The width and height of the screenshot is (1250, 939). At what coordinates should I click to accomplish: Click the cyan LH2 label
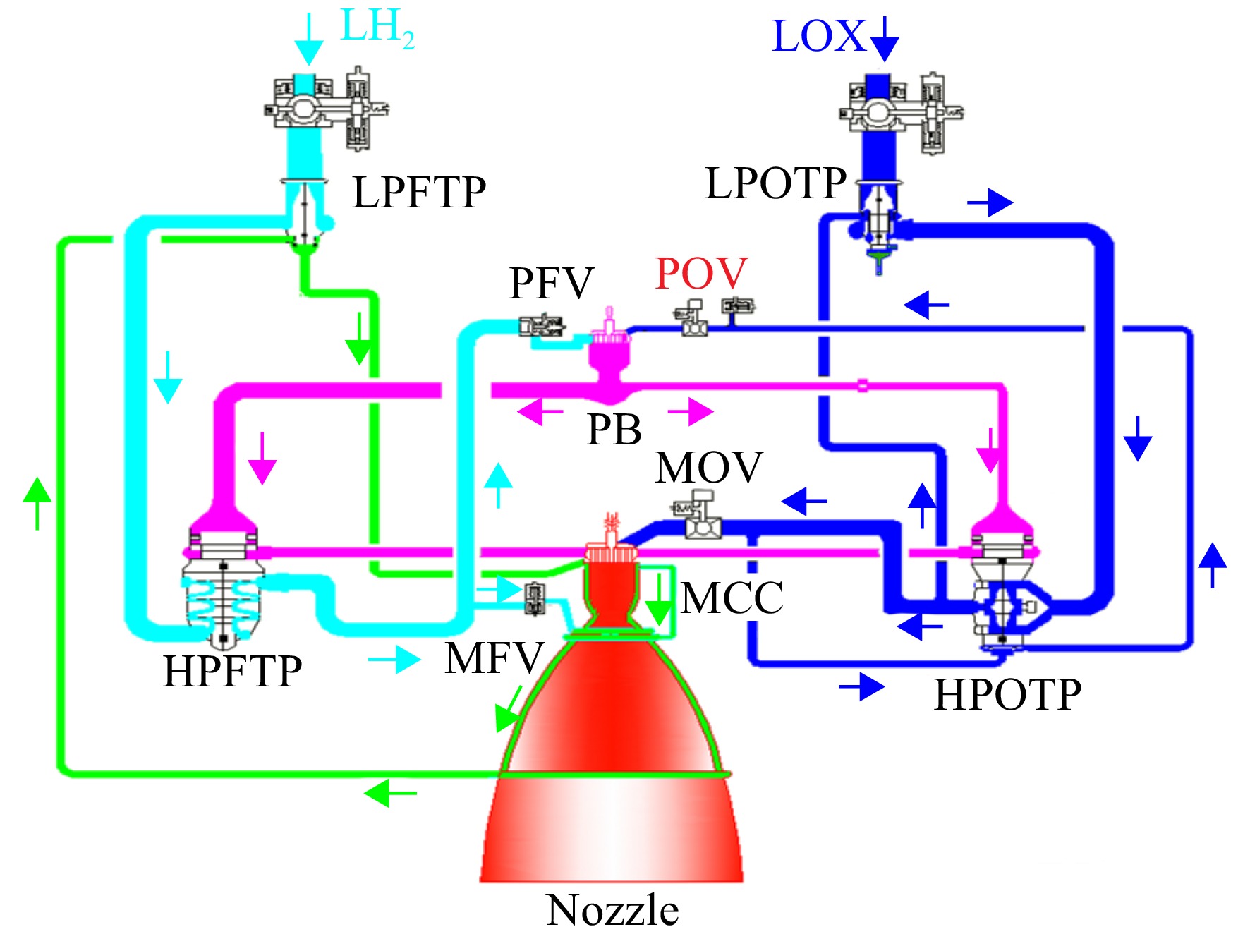377,28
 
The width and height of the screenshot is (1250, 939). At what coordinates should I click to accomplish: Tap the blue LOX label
819,36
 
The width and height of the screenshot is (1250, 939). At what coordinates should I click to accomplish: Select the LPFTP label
419,192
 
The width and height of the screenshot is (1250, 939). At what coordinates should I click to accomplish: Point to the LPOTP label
775,183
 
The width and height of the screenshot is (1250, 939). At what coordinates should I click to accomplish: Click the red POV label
701,273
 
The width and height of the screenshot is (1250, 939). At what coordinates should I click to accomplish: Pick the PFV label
552,283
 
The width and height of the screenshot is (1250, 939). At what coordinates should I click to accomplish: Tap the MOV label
709,467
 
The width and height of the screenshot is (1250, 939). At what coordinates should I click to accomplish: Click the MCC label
732,598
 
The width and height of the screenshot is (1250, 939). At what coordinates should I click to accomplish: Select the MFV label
494,658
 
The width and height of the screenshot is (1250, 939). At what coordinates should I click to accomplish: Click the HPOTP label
1007,694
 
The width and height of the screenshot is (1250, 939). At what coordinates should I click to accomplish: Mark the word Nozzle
612,909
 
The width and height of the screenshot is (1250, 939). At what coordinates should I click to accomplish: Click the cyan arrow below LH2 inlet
308,40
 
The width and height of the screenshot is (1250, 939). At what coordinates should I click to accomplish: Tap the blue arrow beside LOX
885,39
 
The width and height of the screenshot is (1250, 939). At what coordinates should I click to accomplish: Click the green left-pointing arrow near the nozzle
390,792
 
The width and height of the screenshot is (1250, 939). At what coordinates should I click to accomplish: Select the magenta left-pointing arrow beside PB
540,411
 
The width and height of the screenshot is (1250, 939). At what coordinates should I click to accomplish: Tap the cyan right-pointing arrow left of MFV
394,660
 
